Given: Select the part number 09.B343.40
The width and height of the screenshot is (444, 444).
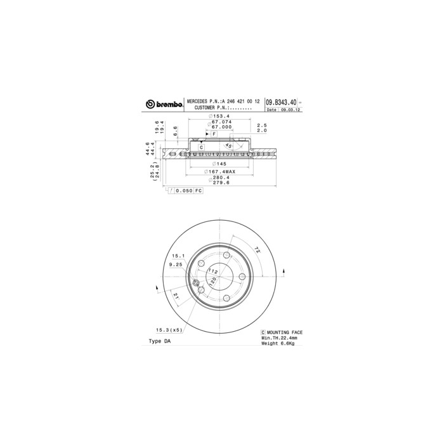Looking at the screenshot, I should click(280, 101).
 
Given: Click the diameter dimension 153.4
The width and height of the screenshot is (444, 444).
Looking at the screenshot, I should click(219, 117).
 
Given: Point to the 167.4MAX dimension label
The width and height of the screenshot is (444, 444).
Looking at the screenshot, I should click(220, 172).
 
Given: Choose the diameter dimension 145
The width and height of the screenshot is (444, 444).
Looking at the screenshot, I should click(220, 164).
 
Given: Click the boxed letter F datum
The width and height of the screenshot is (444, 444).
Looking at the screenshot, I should click(214, 134).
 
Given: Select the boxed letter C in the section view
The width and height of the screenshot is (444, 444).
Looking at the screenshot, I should click(201, 147).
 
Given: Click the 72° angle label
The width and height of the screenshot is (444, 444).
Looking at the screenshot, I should click(256, 250).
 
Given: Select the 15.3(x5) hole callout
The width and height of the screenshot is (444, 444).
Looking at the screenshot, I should click(168, 329).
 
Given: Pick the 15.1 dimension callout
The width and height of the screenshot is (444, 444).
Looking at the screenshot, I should click(176, 256).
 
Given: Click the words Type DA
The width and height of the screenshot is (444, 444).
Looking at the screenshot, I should click(159, 341).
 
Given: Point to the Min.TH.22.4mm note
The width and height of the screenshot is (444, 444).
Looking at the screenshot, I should click(280, 338).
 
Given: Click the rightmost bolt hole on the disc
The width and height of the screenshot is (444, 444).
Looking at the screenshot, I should click(242, 277).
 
